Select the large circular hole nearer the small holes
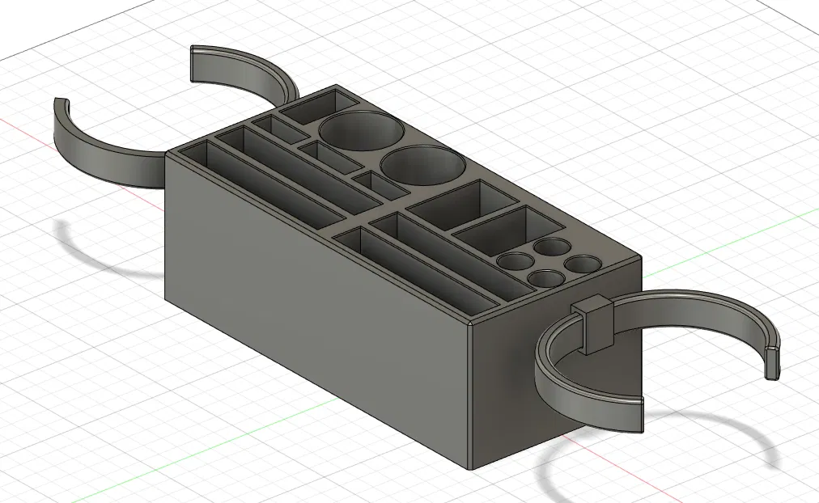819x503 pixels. coord(422,166)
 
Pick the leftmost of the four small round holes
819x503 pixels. coord(511,261)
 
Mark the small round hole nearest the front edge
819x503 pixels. coord(545,278)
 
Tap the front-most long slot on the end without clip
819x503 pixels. coord(267,188)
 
